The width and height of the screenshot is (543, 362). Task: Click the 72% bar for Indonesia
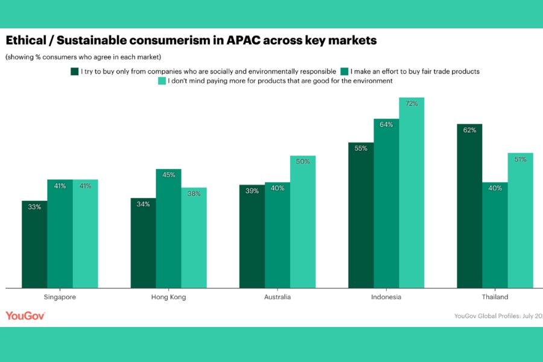pos(411,193)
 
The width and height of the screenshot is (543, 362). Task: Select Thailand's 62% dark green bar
pos(469,205)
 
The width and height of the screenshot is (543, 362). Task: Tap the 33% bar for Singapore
pos(34,244)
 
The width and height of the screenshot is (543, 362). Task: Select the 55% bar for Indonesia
pos(361,215)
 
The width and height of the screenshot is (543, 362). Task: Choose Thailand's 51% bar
pos(520,220)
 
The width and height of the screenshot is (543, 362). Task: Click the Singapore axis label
pos(60,297)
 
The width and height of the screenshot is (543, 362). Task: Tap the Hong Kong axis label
pos(168,297)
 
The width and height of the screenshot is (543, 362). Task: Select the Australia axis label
pos(278,297)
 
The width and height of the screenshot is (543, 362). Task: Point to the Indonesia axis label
pos(386,297)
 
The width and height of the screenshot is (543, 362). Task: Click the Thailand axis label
pos(495,297)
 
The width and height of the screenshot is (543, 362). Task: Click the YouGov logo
pos(25,315)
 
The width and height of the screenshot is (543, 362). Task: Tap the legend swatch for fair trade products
pos(345,71)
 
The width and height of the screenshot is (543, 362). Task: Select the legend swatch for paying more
pos(161,80)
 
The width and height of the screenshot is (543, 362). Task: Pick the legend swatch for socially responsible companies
pos(75,71)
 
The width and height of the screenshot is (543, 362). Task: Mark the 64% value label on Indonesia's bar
pos(386,125)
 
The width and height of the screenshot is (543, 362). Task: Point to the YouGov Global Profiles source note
pos(498,316)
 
